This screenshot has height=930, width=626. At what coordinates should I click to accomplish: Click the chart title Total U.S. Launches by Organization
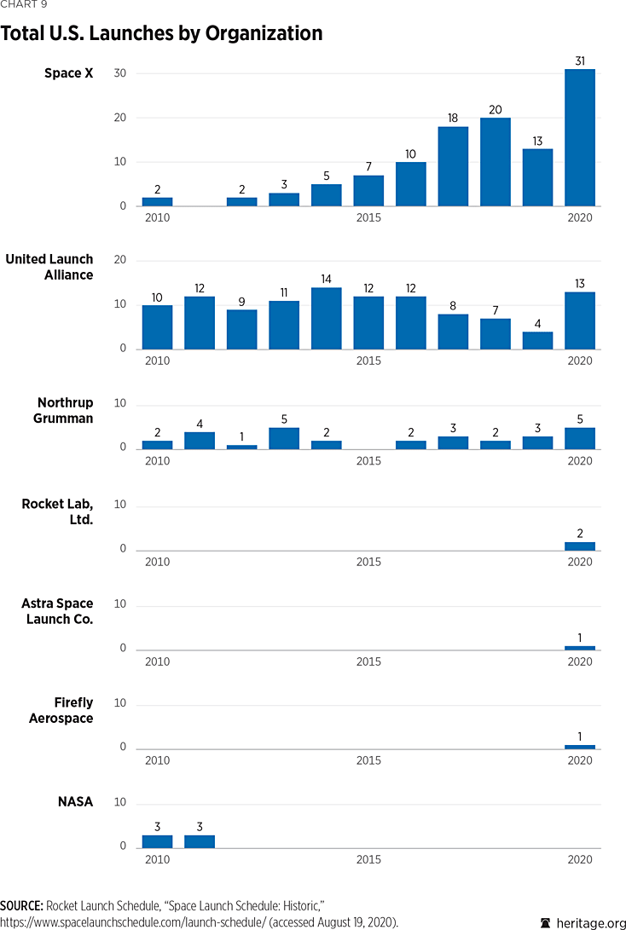(x=162, y=34)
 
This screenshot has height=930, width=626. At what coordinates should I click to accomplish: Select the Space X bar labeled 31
(x=580, y=138)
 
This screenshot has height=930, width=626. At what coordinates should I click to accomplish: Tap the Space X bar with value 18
(x=453, y=166)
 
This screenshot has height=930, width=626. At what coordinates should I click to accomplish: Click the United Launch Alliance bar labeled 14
(x=326, y=318)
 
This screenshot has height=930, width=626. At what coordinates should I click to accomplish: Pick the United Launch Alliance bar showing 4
(x=537, y=340)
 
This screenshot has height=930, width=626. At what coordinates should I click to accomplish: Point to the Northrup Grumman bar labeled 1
(x=241, y=447)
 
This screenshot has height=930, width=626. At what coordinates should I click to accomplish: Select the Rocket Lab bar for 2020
(x=580, y=546)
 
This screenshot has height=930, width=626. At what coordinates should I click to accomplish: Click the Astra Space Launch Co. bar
(x=580, y=648)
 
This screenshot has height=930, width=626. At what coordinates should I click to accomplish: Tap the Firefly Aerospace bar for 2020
(x=580, y=747)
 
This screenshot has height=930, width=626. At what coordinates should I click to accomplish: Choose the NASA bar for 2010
(x=157, y=841)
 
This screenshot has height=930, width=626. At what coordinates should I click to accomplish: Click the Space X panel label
(x=69, y=74)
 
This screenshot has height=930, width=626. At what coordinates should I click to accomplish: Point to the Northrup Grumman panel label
(x=65, y=410)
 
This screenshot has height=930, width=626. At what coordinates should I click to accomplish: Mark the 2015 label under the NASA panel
(x=368, y=859)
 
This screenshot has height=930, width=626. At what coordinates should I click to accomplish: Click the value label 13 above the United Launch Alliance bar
(x=580, y=283)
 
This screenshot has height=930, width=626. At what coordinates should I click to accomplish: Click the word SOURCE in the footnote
(x=22, y=905)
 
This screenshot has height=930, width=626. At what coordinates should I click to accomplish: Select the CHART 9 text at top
(x=23, y=4)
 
